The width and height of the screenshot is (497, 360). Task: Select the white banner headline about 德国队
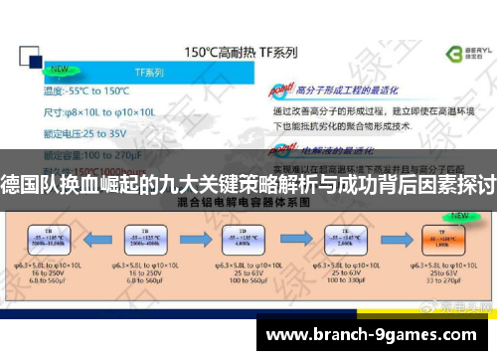(248, 185)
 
